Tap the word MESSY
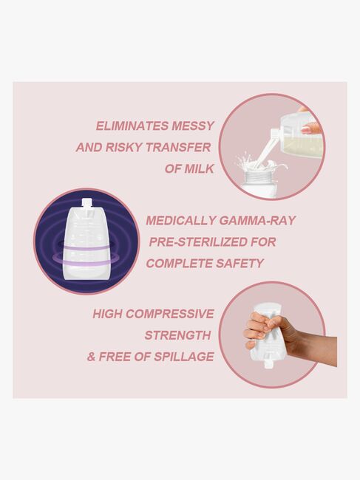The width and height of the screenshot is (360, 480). [x=189, y=126]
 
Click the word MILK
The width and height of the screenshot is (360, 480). [x=197, y=168]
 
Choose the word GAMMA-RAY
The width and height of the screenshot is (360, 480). [x=257, y=220]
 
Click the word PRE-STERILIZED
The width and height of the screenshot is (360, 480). [x=196, y=241]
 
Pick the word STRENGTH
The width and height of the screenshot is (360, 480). [x=177, y=335]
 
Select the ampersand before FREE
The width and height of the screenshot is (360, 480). [x=92, y=357]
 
